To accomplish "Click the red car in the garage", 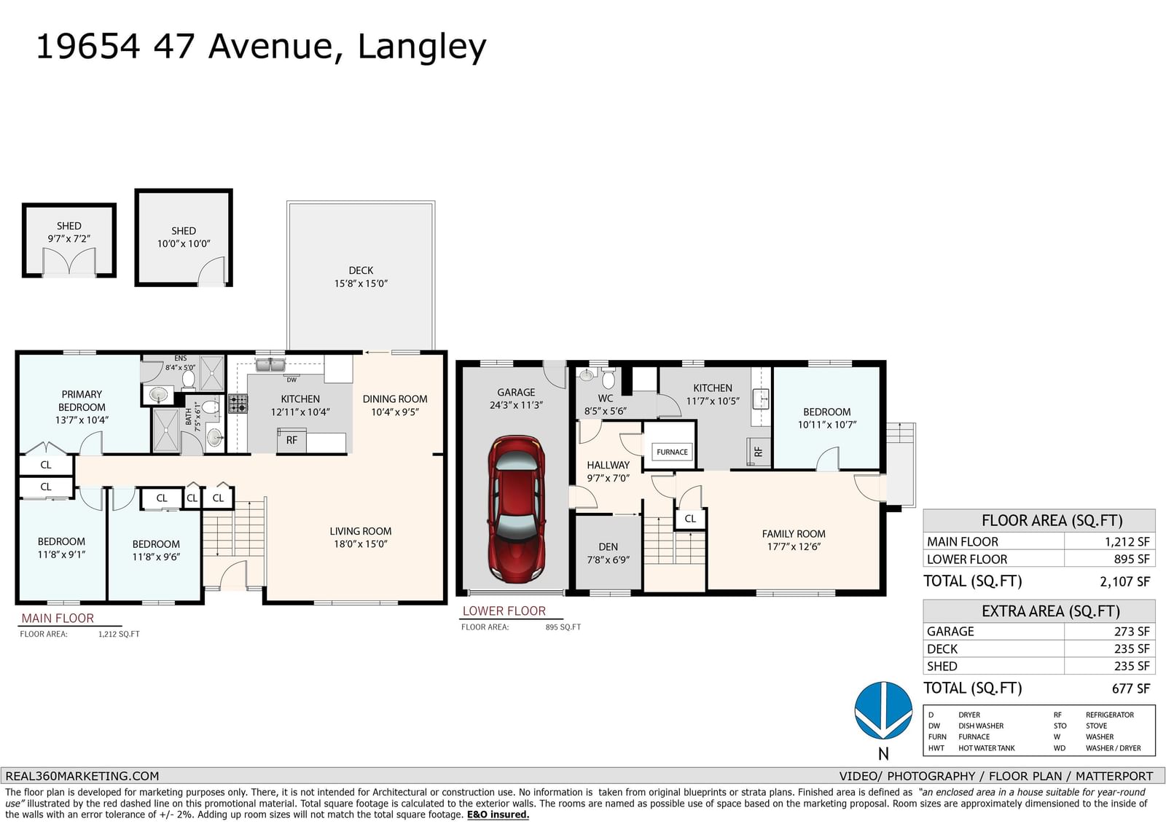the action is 517,509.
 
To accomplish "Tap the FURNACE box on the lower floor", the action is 671,452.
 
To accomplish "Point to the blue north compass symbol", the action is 883,710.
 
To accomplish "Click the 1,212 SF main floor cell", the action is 1127,541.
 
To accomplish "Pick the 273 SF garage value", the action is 1132,632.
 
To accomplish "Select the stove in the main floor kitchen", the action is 238,404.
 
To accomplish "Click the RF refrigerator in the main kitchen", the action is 291,441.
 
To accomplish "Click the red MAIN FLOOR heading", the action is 58,618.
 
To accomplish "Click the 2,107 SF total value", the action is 1125,581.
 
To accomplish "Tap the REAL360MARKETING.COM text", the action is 82,776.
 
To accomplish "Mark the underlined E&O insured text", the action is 498,815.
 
